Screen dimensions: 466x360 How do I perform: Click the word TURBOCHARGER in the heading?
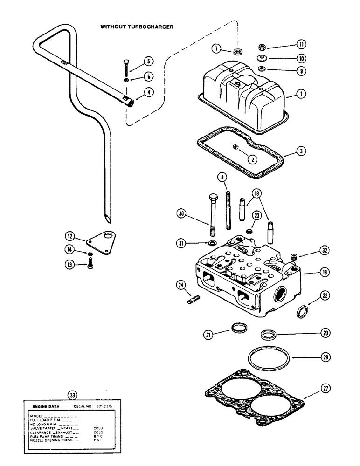150,27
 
